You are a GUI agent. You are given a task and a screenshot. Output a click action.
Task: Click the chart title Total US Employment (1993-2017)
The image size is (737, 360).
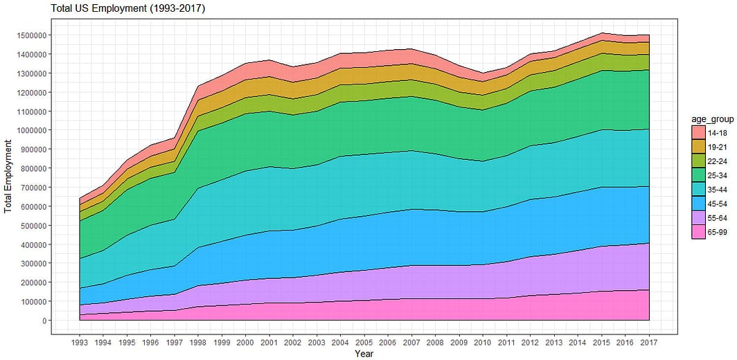tap(128, 8)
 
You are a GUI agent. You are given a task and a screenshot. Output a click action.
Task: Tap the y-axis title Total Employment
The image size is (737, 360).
tap(9, 177)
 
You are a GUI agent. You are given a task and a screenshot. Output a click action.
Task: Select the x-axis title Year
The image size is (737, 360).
tap(364, 354)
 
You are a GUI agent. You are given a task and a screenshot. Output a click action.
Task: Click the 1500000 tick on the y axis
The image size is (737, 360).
tap(30, 35)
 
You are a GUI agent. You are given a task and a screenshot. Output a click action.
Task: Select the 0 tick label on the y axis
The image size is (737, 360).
tap(44, 321)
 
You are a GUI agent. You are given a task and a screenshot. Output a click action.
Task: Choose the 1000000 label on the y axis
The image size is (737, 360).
tap(30, 130)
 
